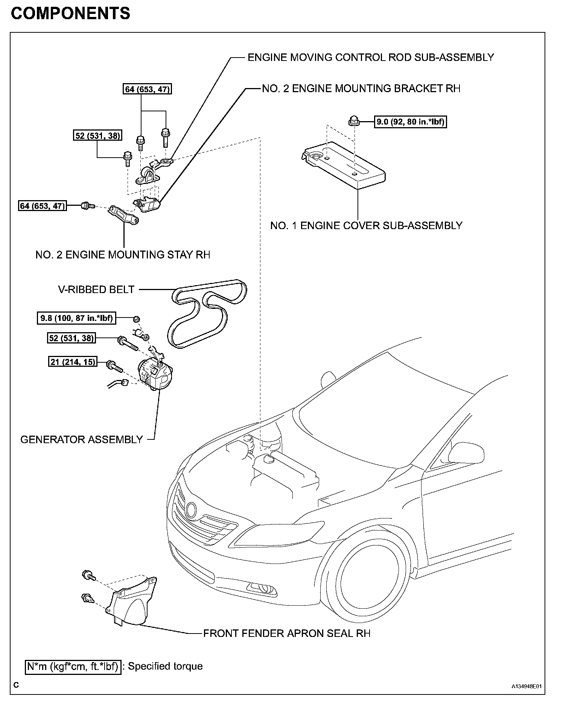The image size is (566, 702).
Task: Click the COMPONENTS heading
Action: pos(70,14)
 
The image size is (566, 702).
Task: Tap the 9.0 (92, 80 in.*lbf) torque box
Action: pos(410,122)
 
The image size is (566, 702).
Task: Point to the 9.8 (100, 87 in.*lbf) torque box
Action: pos(76,318)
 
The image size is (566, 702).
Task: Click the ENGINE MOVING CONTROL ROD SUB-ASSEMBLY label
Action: pos(370,58)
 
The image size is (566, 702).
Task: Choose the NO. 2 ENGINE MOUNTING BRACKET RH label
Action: pos(361,88)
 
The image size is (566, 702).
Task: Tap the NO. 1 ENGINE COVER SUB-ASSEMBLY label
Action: pos(366,225)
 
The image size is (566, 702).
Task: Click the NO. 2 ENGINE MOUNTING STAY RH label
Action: pos(123,255)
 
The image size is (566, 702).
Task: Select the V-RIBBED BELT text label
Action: pos(96,289)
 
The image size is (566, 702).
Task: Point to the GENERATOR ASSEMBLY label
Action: pos(82,439)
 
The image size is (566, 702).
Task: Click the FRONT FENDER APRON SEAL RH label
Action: pos(287,633)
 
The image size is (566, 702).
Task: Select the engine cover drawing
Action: pos(344,166)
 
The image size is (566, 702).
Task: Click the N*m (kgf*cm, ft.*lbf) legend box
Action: pos(73,666)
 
